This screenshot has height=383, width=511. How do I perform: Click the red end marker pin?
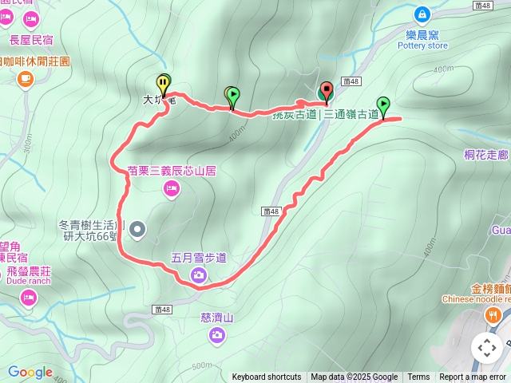326,90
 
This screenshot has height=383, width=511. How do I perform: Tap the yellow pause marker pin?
163,82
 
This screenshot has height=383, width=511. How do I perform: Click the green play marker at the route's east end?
384,105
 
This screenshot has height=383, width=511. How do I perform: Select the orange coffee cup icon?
26,77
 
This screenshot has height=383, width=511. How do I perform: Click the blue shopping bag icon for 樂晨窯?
421,14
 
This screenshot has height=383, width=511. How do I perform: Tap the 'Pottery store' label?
422,45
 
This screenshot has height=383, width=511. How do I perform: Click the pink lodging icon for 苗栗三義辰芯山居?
171,188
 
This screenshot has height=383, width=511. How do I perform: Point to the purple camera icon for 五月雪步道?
198,276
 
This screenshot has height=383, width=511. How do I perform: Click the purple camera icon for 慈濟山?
216,335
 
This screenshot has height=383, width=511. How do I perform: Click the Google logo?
30,372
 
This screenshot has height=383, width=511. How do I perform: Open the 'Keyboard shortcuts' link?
266,377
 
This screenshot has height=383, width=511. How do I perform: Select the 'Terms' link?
418,377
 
